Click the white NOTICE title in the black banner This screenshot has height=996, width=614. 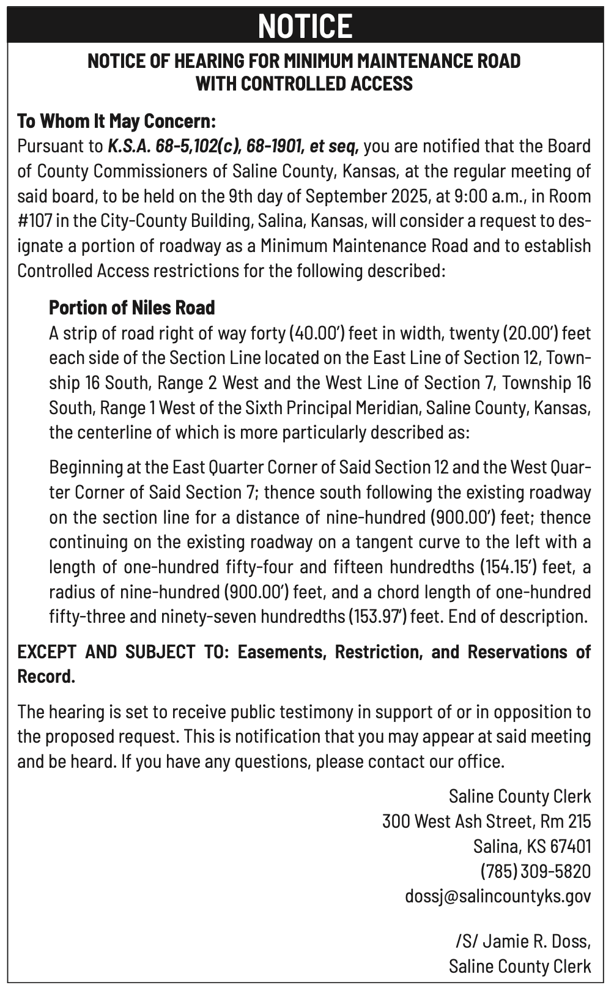pyautogui.click(x=305, y=26)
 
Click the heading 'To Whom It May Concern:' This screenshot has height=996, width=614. pyautogui.click(x=117, y=121)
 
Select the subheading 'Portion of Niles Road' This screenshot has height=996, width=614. pyautogui.click(x=132, y=307)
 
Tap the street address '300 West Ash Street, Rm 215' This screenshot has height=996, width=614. pyautogui.click(x=486, y=821)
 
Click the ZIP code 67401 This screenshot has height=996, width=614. pyautogui.click(x=571, y=846)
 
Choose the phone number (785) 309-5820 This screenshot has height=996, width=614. pyautogui.click(x=535, y=871)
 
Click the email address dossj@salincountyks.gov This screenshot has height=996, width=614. pyautogui.click(x=498, y=896)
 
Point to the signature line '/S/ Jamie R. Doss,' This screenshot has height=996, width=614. pyautogui.click(x=523, y=941)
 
